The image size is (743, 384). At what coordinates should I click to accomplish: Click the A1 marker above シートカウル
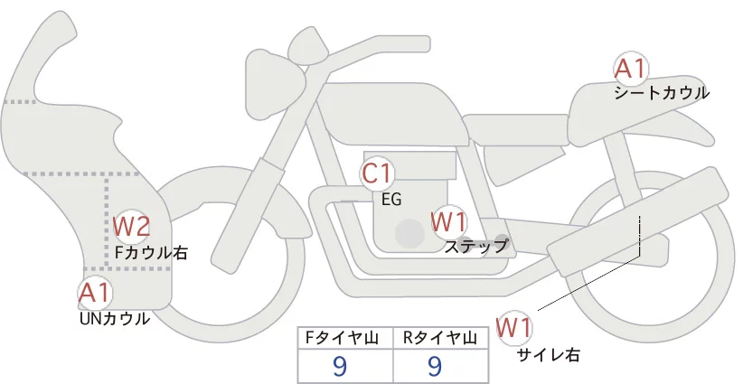pyautogui.click(x=631, y=70)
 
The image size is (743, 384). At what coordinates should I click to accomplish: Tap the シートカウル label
pyautogui.click(x=662, y=93)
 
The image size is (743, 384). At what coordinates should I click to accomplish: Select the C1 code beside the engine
pyautogui.click(x=377, y=173)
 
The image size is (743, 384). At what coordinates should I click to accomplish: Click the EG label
pyautogui.click(x=391, y=200)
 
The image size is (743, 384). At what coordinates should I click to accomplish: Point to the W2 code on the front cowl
pyautogui.click(x=132, y=227)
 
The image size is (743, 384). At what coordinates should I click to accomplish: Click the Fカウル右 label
pyautogui.click(x=152, y=252)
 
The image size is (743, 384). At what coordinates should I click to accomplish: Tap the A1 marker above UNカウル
pyautogui.click(x=95, y=294)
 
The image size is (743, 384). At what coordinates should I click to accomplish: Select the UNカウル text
pyautogui.click(x=115, y=319)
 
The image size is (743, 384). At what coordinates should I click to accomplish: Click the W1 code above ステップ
pyautogui.click(x=448, y=222)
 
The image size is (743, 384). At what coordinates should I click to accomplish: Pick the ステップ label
pyautogui.click(x=475, y=247)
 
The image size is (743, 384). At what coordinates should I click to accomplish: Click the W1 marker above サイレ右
pyautogui.click(x=514, y=328)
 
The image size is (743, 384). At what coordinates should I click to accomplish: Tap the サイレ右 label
pyautogui.click(x=549, y=354)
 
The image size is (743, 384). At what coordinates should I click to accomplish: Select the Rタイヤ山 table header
pyautogui.click(x=440, y=338)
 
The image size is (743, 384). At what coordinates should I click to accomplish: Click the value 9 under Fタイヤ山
pyautogui.click(x=340, y=366)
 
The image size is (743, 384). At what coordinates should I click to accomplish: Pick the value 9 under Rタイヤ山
pyautogui.click(x=435, y=366)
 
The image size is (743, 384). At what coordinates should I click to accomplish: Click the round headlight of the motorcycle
pyautogui.click(x=275, y=85)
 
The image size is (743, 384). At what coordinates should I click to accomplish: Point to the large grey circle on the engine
pyautogui.click(x=409, y=233)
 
